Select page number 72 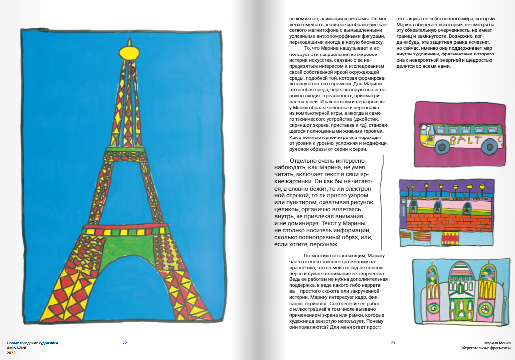[x=125, y=343]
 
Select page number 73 [x=392, y=343]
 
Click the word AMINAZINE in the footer [x=17, y=348]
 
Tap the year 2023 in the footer [x=11, y=353]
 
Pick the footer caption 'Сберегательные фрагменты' [x=485, y=348]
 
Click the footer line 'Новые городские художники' [x=32, y=343]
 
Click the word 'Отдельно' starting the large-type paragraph [x=305, y=161]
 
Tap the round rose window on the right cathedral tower [x=487, y=310]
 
